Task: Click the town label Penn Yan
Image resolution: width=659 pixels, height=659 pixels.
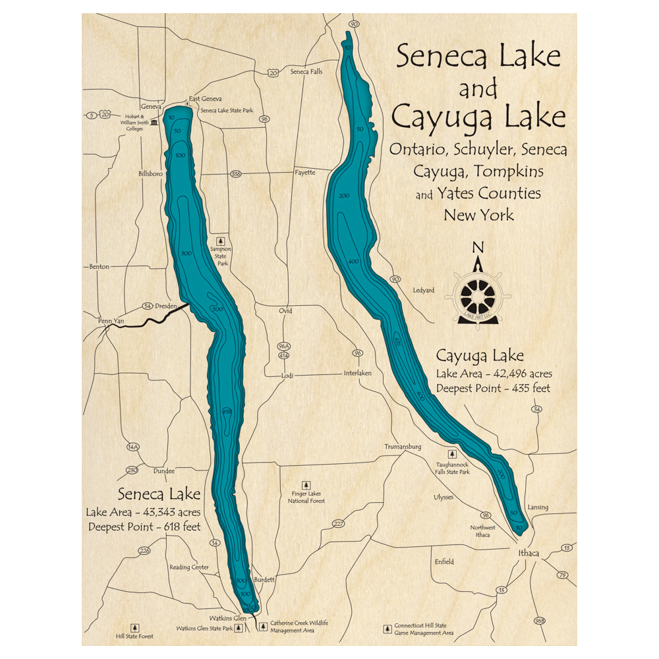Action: click(x=111, y=321)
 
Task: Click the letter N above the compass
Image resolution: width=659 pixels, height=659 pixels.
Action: click(x=478, y=248)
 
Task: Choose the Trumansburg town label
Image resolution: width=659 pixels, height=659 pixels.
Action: click(x=403, y=447)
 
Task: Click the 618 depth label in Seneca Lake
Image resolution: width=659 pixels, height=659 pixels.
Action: click(x=227, y=412)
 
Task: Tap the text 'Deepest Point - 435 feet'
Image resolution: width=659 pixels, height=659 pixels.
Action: click(x=493, y=389)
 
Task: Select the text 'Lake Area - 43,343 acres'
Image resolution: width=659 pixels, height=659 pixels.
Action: click(x=143, y=512)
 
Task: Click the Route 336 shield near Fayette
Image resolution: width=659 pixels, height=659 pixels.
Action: click(x=236, y=175)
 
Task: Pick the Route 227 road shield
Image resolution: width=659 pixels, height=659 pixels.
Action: click(x=338, y=524)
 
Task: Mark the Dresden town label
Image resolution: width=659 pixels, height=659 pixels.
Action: click(x=168, y=306)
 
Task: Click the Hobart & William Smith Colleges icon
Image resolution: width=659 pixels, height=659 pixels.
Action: click(x=154, y=123)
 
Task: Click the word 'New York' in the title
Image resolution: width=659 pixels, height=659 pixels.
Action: click(x=478, y=215)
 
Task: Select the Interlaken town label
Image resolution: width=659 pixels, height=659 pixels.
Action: click(x=358, y=373)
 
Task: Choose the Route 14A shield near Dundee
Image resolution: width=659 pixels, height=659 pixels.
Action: click(x=133, y=447)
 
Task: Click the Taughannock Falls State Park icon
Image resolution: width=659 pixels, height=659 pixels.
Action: click(x=451, y=454)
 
